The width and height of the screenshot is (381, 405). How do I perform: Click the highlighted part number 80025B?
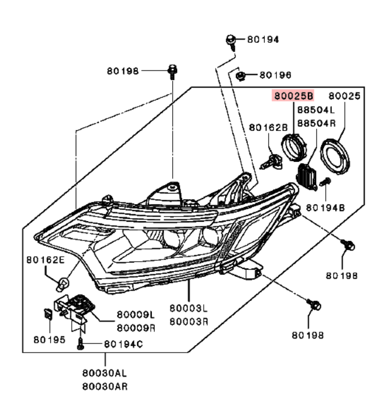pyautogui.click(x=293, y=96)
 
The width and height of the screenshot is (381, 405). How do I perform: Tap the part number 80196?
pyautogui.click(x=275, y=74)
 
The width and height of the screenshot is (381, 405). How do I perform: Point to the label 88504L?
pyautogui.click(x=316, y=110)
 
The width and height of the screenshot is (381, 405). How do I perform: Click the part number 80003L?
pyautogui.click(x=189, y=308)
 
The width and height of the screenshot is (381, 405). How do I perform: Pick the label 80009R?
pyautogui.click(x=136, y=327)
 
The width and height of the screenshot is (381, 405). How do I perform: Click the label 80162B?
pyautogui.click(x=269, y=128)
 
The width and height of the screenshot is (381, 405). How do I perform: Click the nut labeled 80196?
pyautogui.click(x=239, y=74)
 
